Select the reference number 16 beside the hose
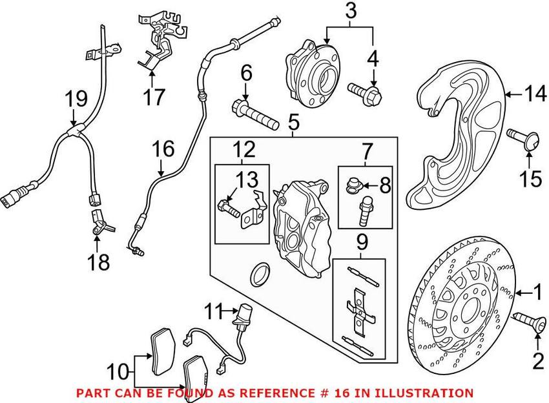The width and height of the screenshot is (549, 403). [x=163, y=150]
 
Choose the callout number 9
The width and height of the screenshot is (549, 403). [x=361, y=243]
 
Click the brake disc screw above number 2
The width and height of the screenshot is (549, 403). [x=526, y=321]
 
